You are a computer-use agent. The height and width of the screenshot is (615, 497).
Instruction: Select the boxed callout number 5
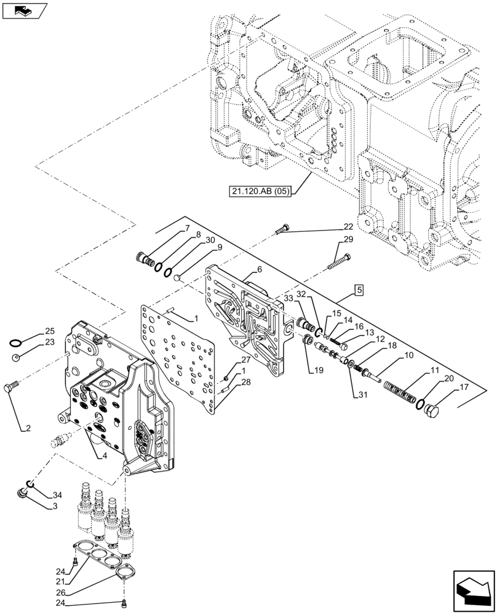[359, 289]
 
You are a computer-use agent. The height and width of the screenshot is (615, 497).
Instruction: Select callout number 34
[57, 495]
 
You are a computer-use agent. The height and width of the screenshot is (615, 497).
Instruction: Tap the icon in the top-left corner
[24, 10]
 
